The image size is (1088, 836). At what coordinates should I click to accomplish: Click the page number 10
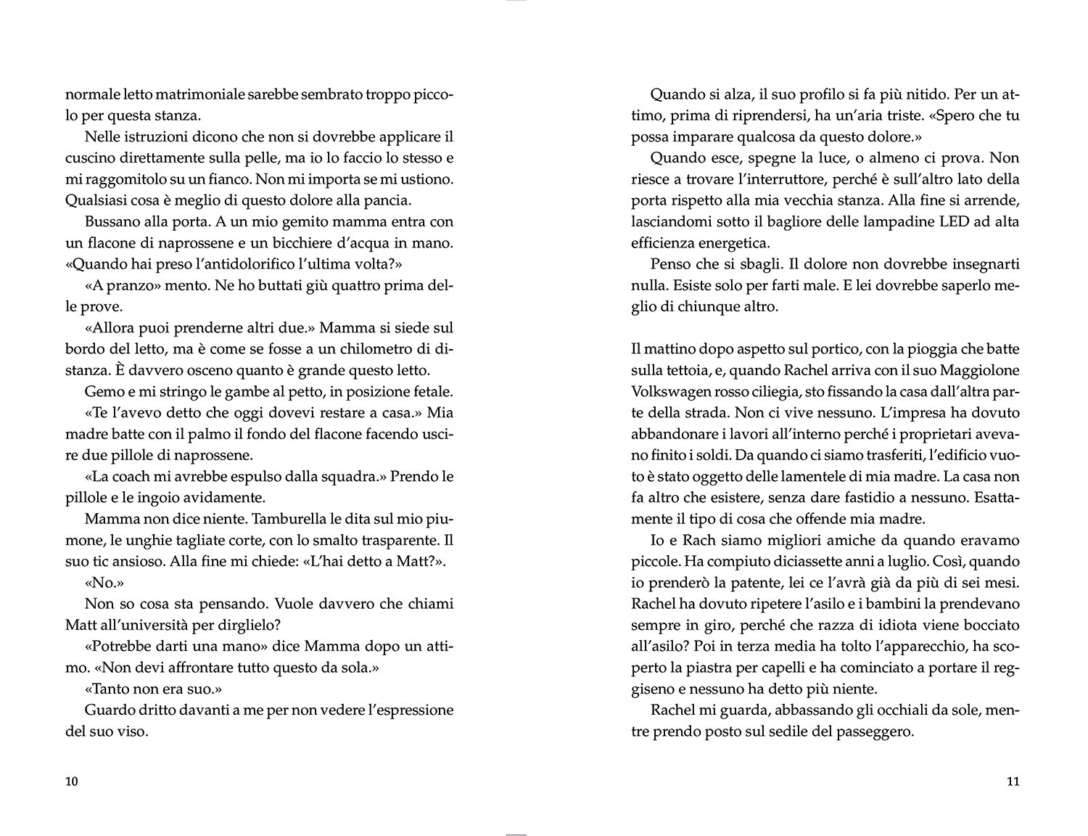tap(71, 782)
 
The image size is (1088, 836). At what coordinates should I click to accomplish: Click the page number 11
tap(1013, 782)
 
